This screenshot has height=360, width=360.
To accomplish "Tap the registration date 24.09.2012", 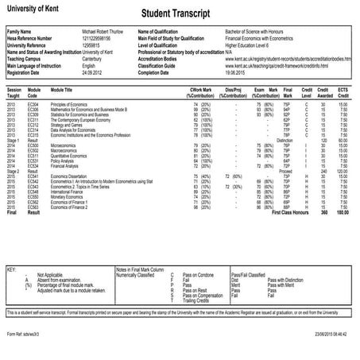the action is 91,70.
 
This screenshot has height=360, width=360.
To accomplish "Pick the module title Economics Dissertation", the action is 75,176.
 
